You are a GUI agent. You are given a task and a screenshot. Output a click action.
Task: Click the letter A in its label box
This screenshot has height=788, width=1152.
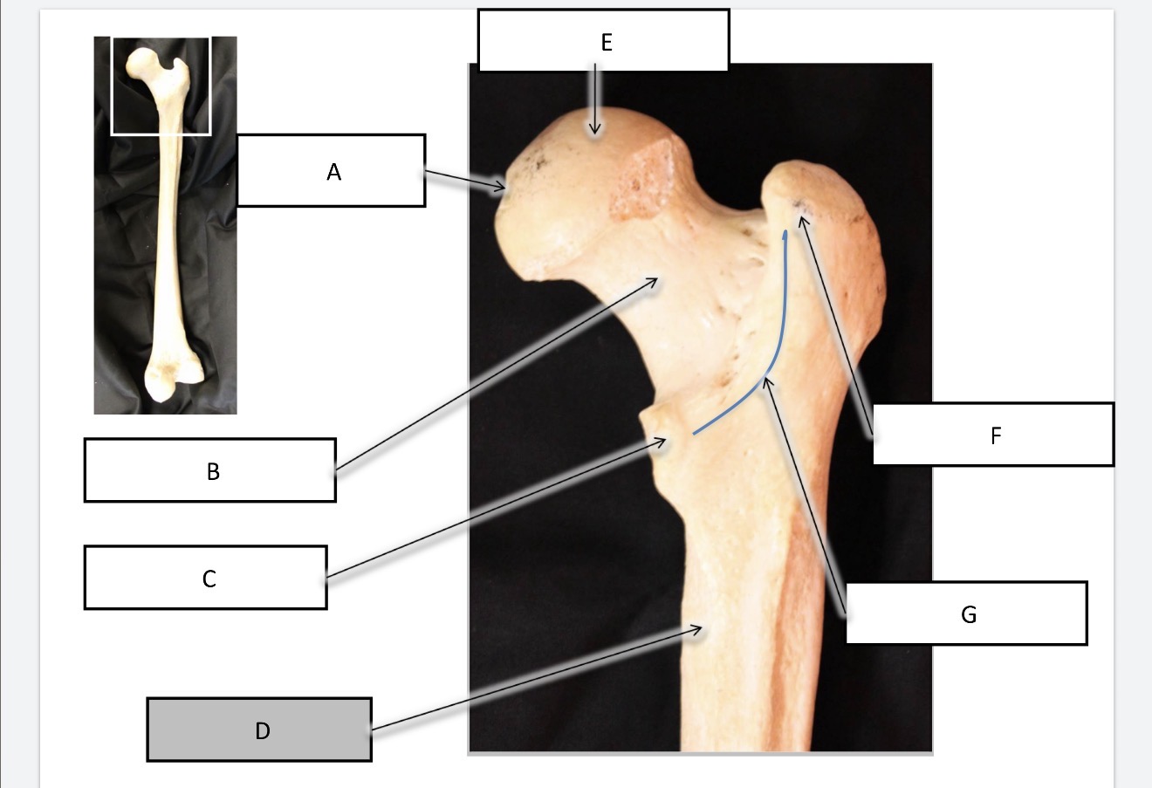coord(333,172)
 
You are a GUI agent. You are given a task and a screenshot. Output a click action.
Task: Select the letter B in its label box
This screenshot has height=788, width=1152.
coord(213,472)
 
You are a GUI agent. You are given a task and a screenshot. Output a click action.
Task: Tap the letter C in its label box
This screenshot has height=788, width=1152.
coord(209,579)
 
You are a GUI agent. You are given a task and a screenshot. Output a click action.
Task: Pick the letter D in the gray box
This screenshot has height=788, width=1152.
coord(263,731)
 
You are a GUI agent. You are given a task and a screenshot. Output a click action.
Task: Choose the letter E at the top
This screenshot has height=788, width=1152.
coord(607,43)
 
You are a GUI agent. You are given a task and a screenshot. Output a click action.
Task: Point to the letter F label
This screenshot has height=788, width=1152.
coord(996,435)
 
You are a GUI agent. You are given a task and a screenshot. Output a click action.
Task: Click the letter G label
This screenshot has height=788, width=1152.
coord(969,614)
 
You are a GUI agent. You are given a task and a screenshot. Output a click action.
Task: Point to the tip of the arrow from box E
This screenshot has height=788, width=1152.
coord(595,134)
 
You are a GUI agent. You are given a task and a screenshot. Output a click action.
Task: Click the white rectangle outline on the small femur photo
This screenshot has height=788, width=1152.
coord(111,86)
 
